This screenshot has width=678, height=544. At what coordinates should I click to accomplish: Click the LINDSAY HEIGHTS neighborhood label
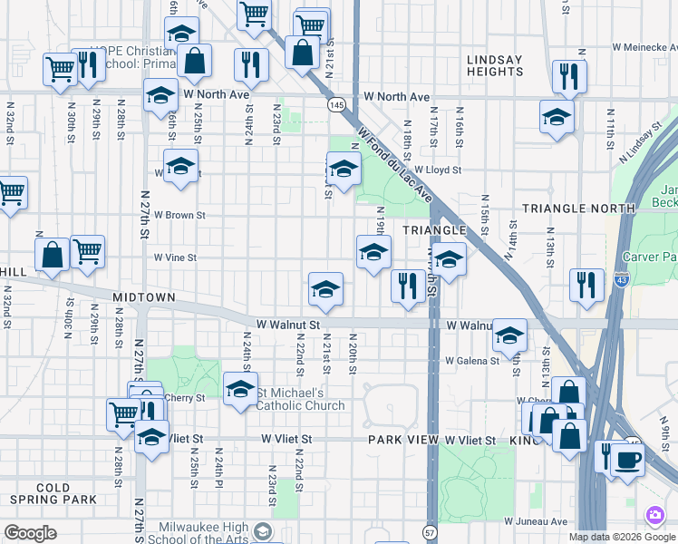495,65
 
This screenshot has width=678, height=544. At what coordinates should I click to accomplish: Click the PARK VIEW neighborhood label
402,440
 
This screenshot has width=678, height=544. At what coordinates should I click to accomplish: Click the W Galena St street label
471,361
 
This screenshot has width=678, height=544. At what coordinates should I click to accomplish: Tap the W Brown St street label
180,216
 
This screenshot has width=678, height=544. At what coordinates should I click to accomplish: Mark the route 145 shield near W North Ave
336,106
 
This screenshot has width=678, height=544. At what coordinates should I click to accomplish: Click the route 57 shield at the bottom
430,532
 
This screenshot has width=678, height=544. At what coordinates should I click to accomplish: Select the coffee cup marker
627,459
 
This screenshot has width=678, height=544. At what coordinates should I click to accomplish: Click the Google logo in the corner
31,533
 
